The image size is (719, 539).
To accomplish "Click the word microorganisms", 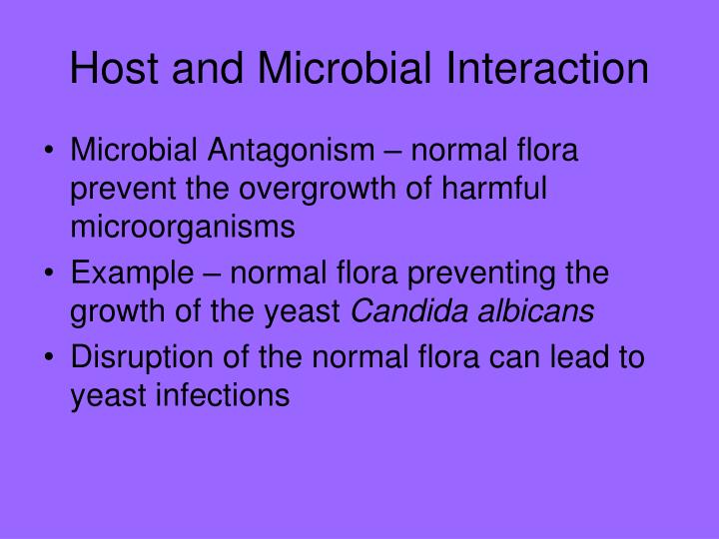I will coord(183,227).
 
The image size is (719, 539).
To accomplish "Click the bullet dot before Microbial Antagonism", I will coord(50,152).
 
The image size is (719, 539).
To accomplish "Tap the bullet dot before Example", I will coord(50,273).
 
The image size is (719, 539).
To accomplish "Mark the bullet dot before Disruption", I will coord(50,357).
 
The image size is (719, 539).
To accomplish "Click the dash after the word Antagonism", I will coord(394,153).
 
